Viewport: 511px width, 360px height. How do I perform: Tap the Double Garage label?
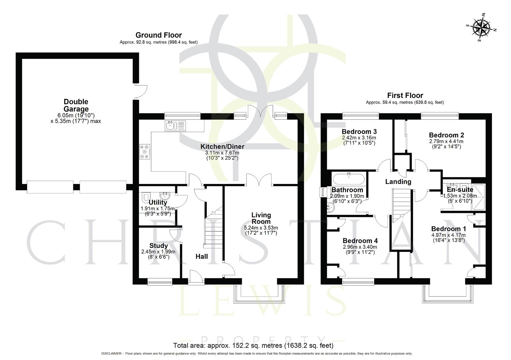point(76,105)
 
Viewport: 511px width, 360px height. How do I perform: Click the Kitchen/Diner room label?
point(222,147)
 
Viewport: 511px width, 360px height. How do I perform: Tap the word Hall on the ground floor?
point(201,256)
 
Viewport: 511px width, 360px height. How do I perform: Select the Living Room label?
point(261,218)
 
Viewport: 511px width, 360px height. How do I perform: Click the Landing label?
point(398,182)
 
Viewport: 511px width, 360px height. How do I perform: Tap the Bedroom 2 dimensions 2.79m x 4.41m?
point(446,141)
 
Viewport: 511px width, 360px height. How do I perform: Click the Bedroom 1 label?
point(449,229)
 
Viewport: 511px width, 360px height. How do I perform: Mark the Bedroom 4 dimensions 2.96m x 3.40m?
point(360,247)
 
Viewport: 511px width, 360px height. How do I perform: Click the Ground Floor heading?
point(158,35)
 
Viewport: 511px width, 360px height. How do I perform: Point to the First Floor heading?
point(405,95)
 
